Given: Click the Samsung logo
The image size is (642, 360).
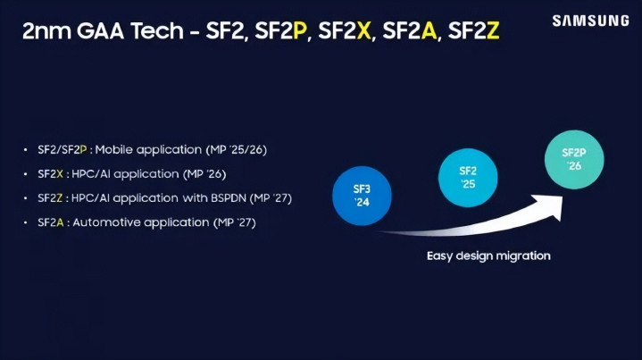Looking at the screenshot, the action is pos(590,21).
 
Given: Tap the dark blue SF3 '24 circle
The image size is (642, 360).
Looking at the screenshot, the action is pos(362,196).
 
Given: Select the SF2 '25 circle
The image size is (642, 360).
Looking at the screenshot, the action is pos(468,178).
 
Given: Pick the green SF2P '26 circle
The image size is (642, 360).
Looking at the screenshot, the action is pos(574,159).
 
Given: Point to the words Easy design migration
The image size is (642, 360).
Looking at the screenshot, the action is pos(488,256).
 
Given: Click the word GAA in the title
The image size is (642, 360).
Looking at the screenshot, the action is pos(100,30).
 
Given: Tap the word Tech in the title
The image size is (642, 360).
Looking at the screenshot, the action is pos(157,30).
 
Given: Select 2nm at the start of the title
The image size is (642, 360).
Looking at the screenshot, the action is pos(46,31).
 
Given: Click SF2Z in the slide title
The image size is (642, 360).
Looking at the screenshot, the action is pos(474,30).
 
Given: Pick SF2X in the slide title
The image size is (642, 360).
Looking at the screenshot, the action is pos(345,30).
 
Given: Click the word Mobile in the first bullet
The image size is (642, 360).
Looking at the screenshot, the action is pos(113,149).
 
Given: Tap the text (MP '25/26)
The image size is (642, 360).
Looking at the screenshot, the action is pos(237,150).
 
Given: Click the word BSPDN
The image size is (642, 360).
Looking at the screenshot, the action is pos(229,198).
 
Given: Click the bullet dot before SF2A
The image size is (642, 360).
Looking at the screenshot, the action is pos(25,222).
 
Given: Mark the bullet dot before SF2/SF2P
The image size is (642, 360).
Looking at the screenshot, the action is pos(25,150).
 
